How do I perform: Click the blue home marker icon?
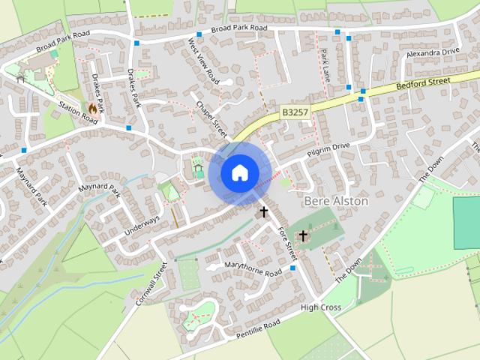tap(238, 172)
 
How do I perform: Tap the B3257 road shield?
tap(295, 112)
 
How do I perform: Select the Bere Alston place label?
tap(337, 202)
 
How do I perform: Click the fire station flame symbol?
tap(93, 109)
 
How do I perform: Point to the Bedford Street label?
tap(423, 81)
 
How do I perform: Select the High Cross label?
tap(321, 307)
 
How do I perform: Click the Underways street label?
tap(142, 224)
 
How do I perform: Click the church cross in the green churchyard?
tap(303, 236)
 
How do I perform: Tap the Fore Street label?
tap(286, 242)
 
